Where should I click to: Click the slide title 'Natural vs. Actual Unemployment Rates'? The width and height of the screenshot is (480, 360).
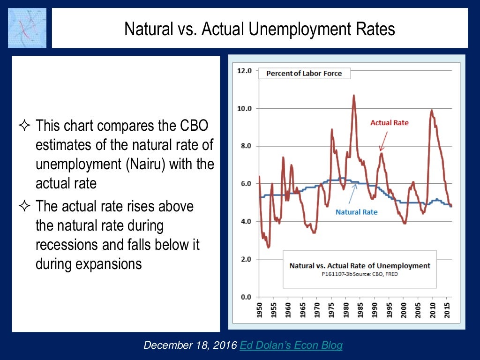click(x=259, y=30)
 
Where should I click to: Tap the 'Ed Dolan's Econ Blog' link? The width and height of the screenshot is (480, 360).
click(x=291, y=345)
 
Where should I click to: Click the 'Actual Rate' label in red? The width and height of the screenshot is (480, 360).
click(x=390, y=123)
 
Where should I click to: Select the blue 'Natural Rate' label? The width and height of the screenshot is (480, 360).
click(x=356, y=212)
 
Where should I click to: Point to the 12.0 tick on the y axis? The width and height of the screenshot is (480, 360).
click(x=245, y=71)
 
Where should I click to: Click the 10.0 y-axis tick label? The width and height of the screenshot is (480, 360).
click(x=245, y=108)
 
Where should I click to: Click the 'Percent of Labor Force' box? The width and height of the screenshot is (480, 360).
click(x=304, y=73)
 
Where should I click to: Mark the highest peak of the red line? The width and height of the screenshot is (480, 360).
click(x=354, y=96)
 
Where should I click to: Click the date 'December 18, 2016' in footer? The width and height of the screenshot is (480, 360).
click(x=190, y=345)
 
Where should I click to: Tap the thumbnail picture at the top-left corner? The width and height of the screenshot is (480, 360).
click(x=27, y=28)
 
